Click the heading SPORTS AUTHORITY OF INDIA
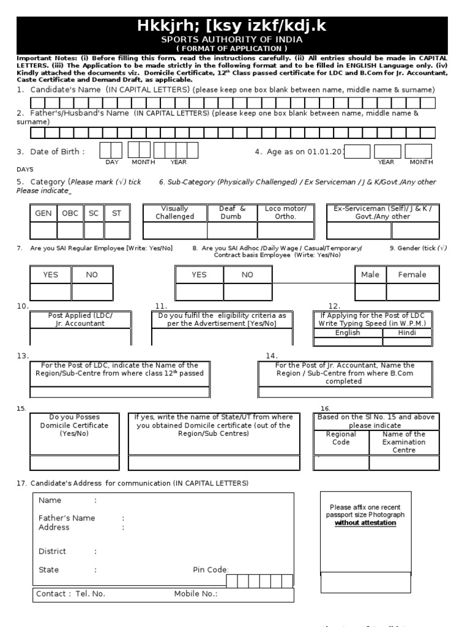[235, 38]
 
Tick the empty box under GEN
[43, 230]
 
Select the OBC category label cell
[70, 213]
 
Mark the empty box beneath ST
[116, 230]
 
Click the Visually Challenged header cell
[174, 212]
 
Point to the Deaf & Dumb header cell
[232, 212]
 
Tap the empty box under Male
[370, 292]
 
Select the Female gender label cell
[412, 275]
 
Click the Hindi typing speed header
[408, 333]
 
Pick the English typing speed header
[348, 333]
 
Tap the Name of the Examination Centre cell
[404, 442]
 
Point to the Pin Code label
[211, 570]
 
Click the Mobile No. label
[196, 594]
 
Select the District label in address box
[52, 552]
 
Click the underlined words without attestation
[365, 524]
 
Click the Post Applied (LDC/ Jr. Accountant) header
[80, 320]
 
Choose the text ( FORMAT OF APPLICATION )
[235, 48]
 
